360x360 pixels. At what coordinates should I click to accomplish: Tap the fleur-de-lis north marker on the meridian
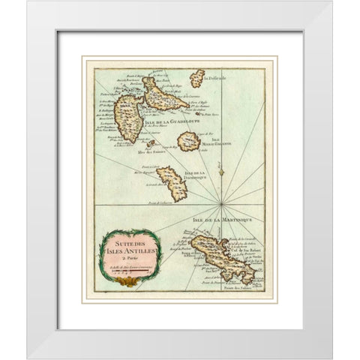pyautogui.click(x=218, y=172)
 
